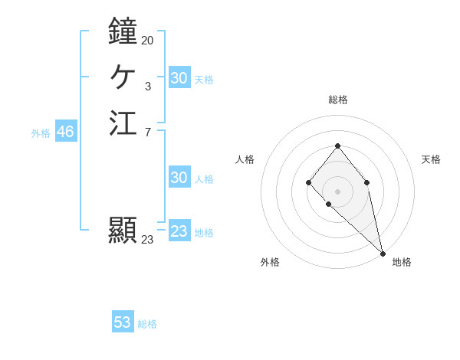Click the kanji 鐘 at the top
[x=123, y=31]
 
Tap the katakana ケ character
[x=123, y=77]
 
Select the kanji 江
[x=123, y=123]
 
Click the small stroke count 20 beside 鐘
[x=147, y=40]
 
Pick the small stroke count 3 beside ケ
[x=147, y=87]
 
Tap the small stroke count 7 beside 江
[x=147, y=133]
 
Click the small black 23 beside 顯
[x=147, y=239]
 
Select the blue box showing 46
[x=65, y=132]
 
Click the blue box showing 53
[x=123, y=322]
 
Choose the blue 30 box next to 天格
[x=179, y=78]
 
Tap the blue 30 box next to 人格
[x=179, y=178]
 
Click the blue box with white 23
[x=179, y=231]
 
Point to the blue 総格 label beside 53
[x=147, y=324]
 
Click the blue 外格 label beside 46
[x=41, y=133]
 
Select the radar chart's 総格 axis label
[x=338, y=100]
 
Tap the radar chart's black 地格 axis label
[x=402, y=262]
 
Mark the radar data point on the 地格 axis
[x=383, y=254]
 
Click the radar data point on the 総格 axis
[x=337, y=146]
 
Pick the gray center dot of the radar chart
[x=337, y=191]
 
